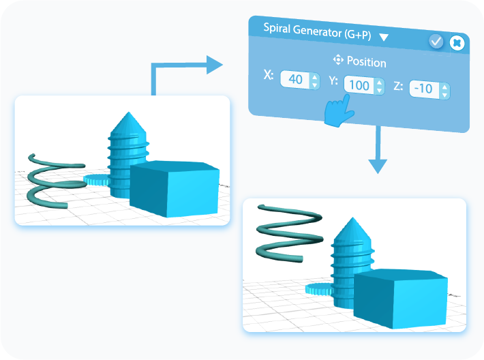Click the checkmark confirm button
pyautogui.click(x=436, y=42)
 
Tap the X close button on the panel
pyautogui.click(x=457, y=42)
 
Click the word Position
pyautogui.click(x=366, y=62)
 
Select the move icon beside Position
pyautogui.click(x=338, y=61)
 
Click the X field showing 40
pyautogui.click(x=295, y=80)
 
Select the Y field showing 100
pyautogui.click(x=357, y=86)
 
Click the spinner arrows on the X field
pyautogui.click(x=314, y=80)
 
